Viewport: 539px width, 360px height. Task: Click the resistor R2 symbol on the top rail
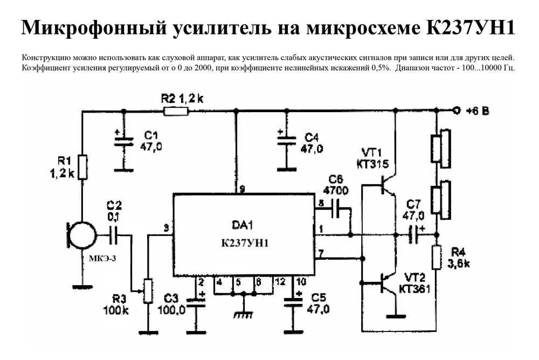coord(176,112)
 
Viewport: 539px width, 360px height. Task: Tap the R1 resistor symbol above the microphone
coord(82,167)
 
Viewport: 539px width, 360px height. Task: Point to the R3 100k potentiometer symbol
coord(148,292)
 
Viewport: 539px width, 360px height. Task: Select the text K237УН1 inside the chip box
coord(245,243)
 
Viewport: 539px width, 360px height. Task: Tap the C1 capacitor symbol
coord(124,141)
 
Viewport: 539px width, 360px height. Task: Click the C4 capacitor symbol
coord(287,141)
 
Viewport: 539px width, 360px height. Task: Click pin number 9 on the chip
coord(242,189)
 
